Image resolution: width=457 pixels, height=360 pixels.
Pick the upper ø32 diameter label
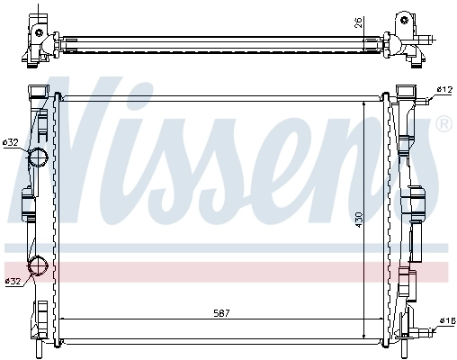(x=12, y=142)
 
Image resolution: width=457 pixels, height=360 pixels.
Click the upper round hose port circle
(x=38, y=159)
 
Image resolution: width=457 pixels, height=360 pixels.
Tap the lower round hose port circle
(x=38, y=265)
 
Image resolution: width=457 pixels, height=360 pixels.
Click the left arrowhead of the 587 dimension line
(x=60, y=320)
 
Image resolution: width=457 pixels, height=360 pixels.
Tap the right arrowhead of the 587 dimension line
(x=387, y=320)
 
